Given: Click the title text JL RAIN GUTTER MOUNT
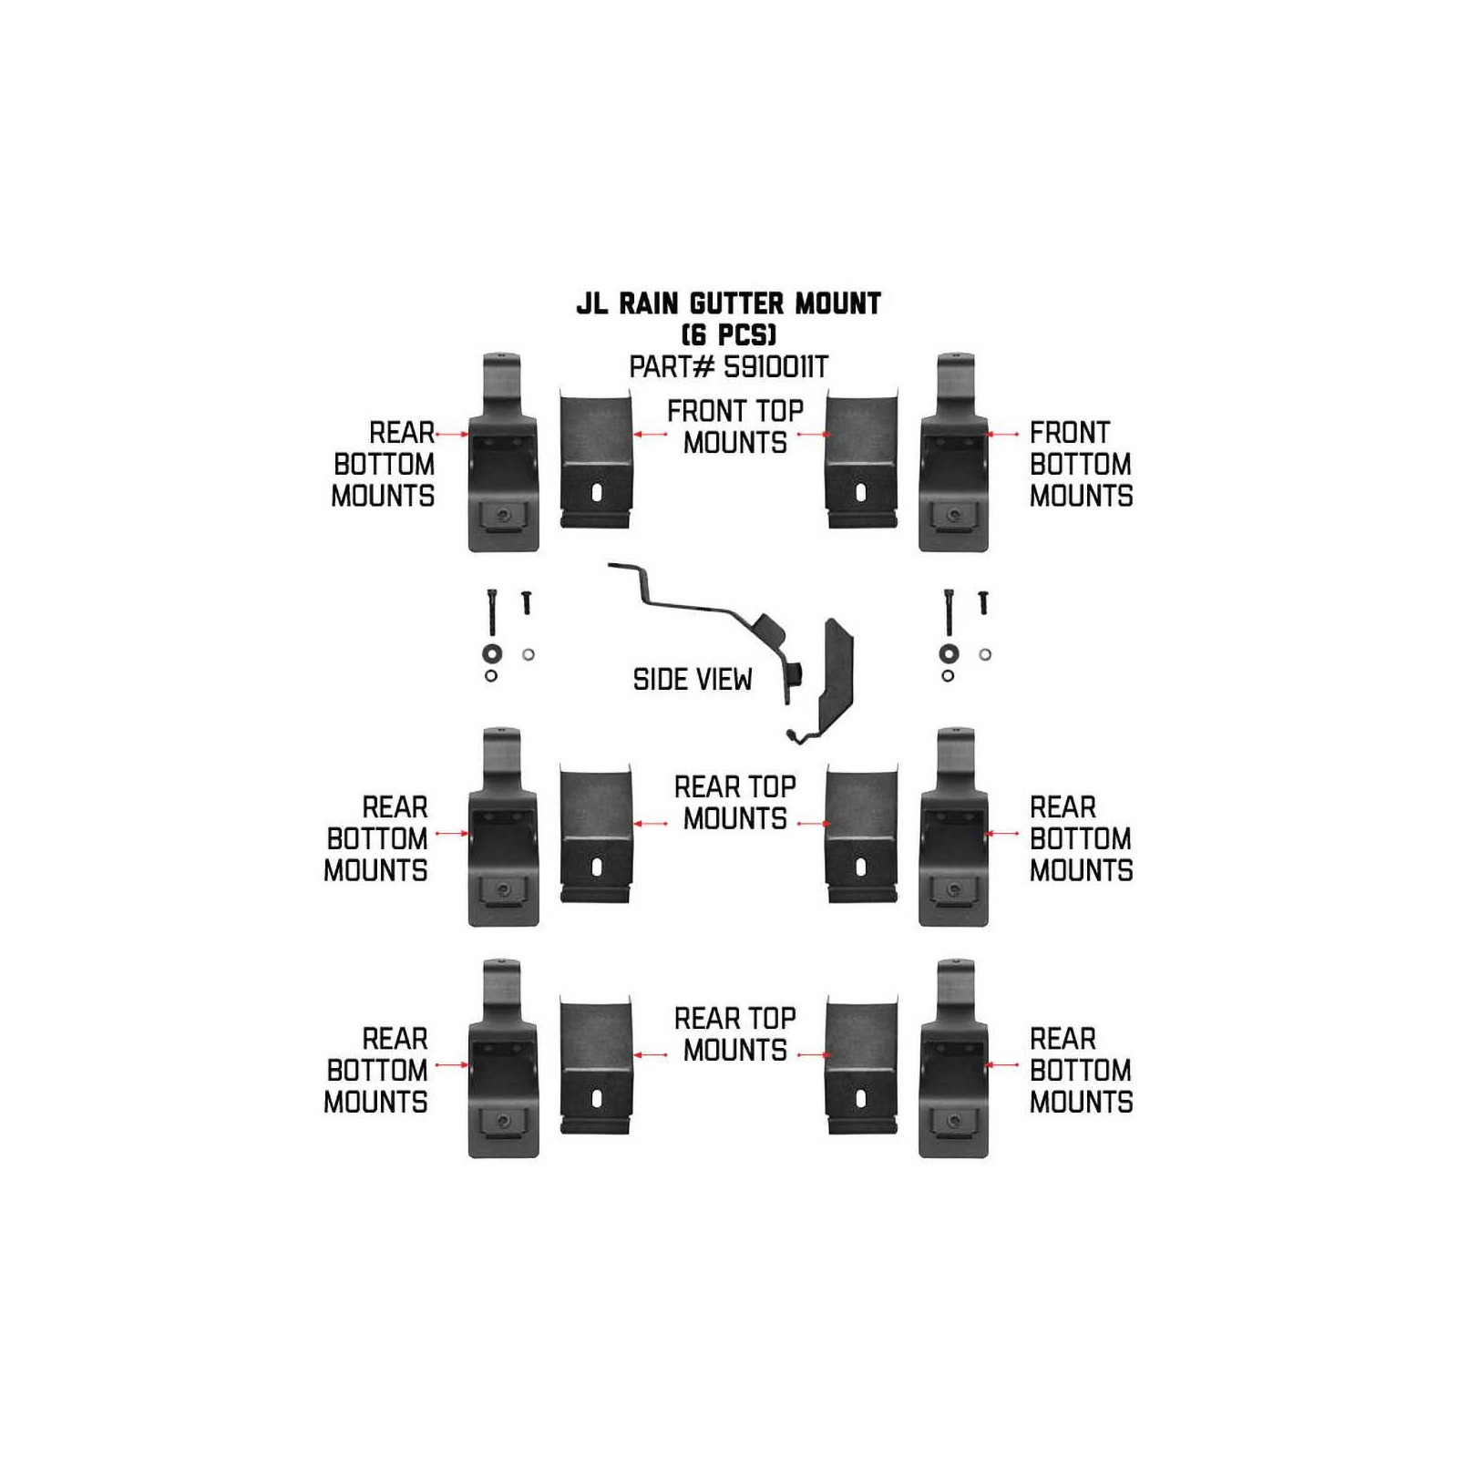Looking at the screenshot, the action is click(x=728, y=303).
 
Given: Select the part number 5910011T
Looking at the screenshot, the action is click(x=775, y=367).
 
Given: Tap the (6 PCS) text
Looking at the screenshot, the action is click(x=728, y=334).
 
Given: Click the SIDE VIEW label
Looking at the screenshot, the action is click(x=693, y=679).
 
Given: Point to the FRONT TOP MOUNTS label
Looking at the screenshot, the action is click(x=734, y=426).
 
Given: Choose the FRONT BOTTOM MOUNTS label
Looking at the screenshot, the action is click(x=1081, y=464).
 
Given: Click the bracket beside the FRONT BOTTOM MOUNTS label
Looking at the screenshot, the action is click(x=954, y=451).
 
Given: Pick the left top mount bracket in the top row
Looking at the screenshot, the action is click(x=596, y=458).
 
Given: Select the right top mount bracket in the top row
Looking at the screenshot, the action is click(x=861, y=458).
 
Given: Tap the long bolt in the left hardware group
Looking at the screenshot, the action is click(x=492, y=611).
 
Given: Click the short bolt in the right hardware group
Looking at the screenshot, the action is click(x=982, y=601).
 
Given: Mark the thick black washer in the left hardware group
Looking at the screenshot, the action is click(x=492, y=653).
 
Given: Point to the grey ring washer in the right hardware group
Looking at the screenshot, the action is click(x=984, y=654).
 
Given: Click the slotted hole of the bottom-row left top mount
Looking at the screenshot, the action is click(x=596, y=1099).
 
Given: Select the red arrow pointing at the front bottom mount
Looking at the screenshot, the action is click(x=1003, y=435).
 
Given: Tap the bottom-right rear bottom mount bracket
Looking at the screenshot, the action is click(x=954, y=1058).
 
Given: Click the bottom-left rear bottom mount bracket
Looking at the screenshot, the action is click(x=503, y=1058).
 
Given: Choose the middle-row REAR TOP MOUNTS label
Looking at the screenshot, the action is click(x=734, y=802).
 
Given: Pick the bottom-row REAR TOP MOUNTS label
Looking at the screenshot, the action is click(x=734, y=1033).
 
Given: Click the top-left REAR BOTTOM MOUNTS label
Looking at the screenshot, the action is click(x=384, y=464).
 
